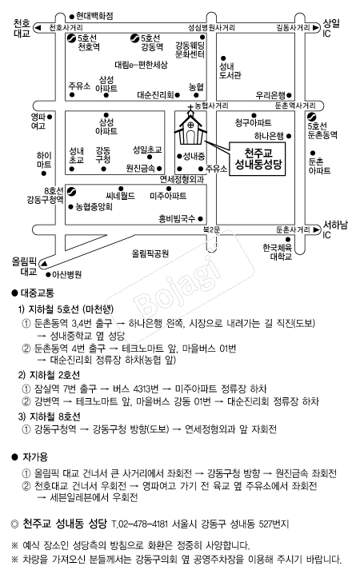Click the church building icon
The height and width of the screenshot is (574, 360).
pos(190,126)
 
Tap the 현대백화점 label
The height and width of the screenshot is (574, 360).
pos(95,15)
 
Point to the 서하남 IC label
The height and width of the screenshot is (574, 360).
pos(334,229)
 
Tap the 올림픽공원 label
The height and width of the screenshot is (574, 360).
pos(151,253)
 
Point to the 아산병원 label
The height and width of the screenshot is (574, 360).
pos(66,273)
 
